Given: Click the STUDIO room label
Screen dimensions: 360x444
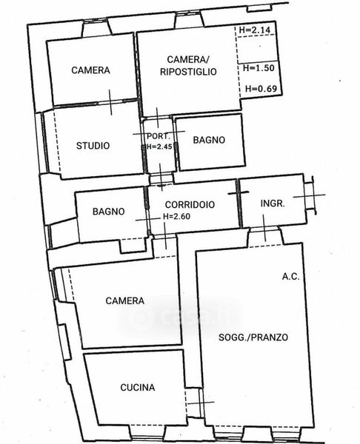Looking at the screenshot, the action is pyautogui.click(x=93, y=146).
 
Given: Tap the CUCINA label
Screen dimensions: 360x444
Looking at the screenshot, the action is pyautogui.click(x=138, y=387).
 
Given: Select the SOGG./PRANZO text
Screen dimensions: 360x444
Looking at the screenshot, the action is pyautogui.click(x=253, y=337).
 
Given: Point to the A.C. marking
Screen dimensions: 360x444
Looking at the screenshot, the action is pyautogui.click(x=290, y=276).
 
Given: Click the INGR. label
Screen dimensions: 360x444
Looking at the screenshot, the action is pyautogui.click(x=273, y=203).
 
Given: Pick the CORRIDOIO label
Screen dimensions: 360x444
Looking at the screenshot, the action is pyautogui.click(x=190, y=204).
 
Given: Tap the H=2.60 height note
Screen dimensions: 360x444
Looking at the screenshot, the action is pyautogui.click(x=176, y=217).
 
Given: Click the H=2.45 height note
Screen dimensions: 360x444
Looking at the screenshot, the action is pyautogui.click(x=159, y=147).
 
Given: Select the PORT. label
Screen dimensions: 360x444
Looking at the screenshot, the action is pyautogui.click(x=159, y=136).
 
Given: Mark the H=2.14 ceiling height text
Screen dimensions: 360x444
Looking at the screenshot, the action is pyautogui.click(x=255, y=30).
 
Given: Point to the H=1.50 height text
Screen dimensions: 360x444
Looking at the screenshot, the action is pyautogui.click(x=259, y=68).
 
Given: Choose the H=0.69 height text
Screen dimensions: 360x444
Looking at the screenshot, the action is pyautogui.click(x=261, y=89).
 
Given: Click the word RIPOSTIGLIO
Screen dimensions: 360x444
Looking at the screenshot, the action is pyautogui.click(x=188, y=72).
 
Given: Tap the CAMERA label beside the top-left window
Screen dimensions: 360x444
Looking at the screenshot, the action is pyautogui.click(x=90, y=70).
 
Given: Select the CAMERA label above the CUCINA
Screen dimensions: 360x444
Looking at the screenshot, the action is pyautogui.click(x=124, y=300).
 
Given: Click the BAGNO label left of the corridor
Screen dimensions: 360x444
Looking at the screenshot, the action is pyautogui.click(x=109, y=212).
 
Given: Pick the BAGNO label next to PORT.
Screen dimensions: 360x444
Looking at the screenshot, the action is pyautogui.click(x=209, y=140).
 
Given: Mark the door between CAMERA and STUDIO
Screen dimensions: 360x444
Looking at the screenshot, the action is pyautogui.click(x=110, y=103).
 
